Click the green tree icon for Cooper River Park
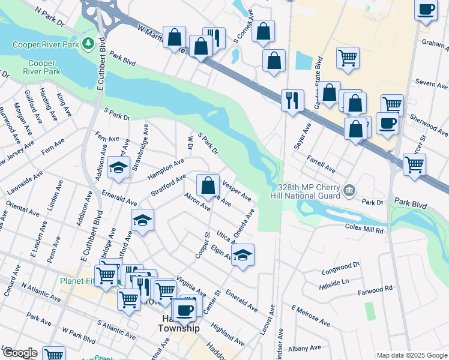click(88, 44)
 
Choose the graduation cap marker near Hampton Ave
click(119, 167)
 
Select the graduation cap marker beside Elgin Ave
click(243, 255)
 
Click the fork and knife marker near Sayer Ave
click(292, 100)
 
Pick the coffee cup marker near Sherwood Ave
click(387, 124)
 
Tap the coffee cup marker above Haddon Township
click(185, 310)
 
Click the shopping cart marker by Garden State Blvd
click(348, 58)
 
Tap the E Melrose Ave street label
click(310, 315)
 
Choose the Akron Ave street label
click(197, 202)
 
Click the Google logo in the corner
click(20, 353)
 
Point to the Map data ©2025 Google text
click(411, 355)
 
